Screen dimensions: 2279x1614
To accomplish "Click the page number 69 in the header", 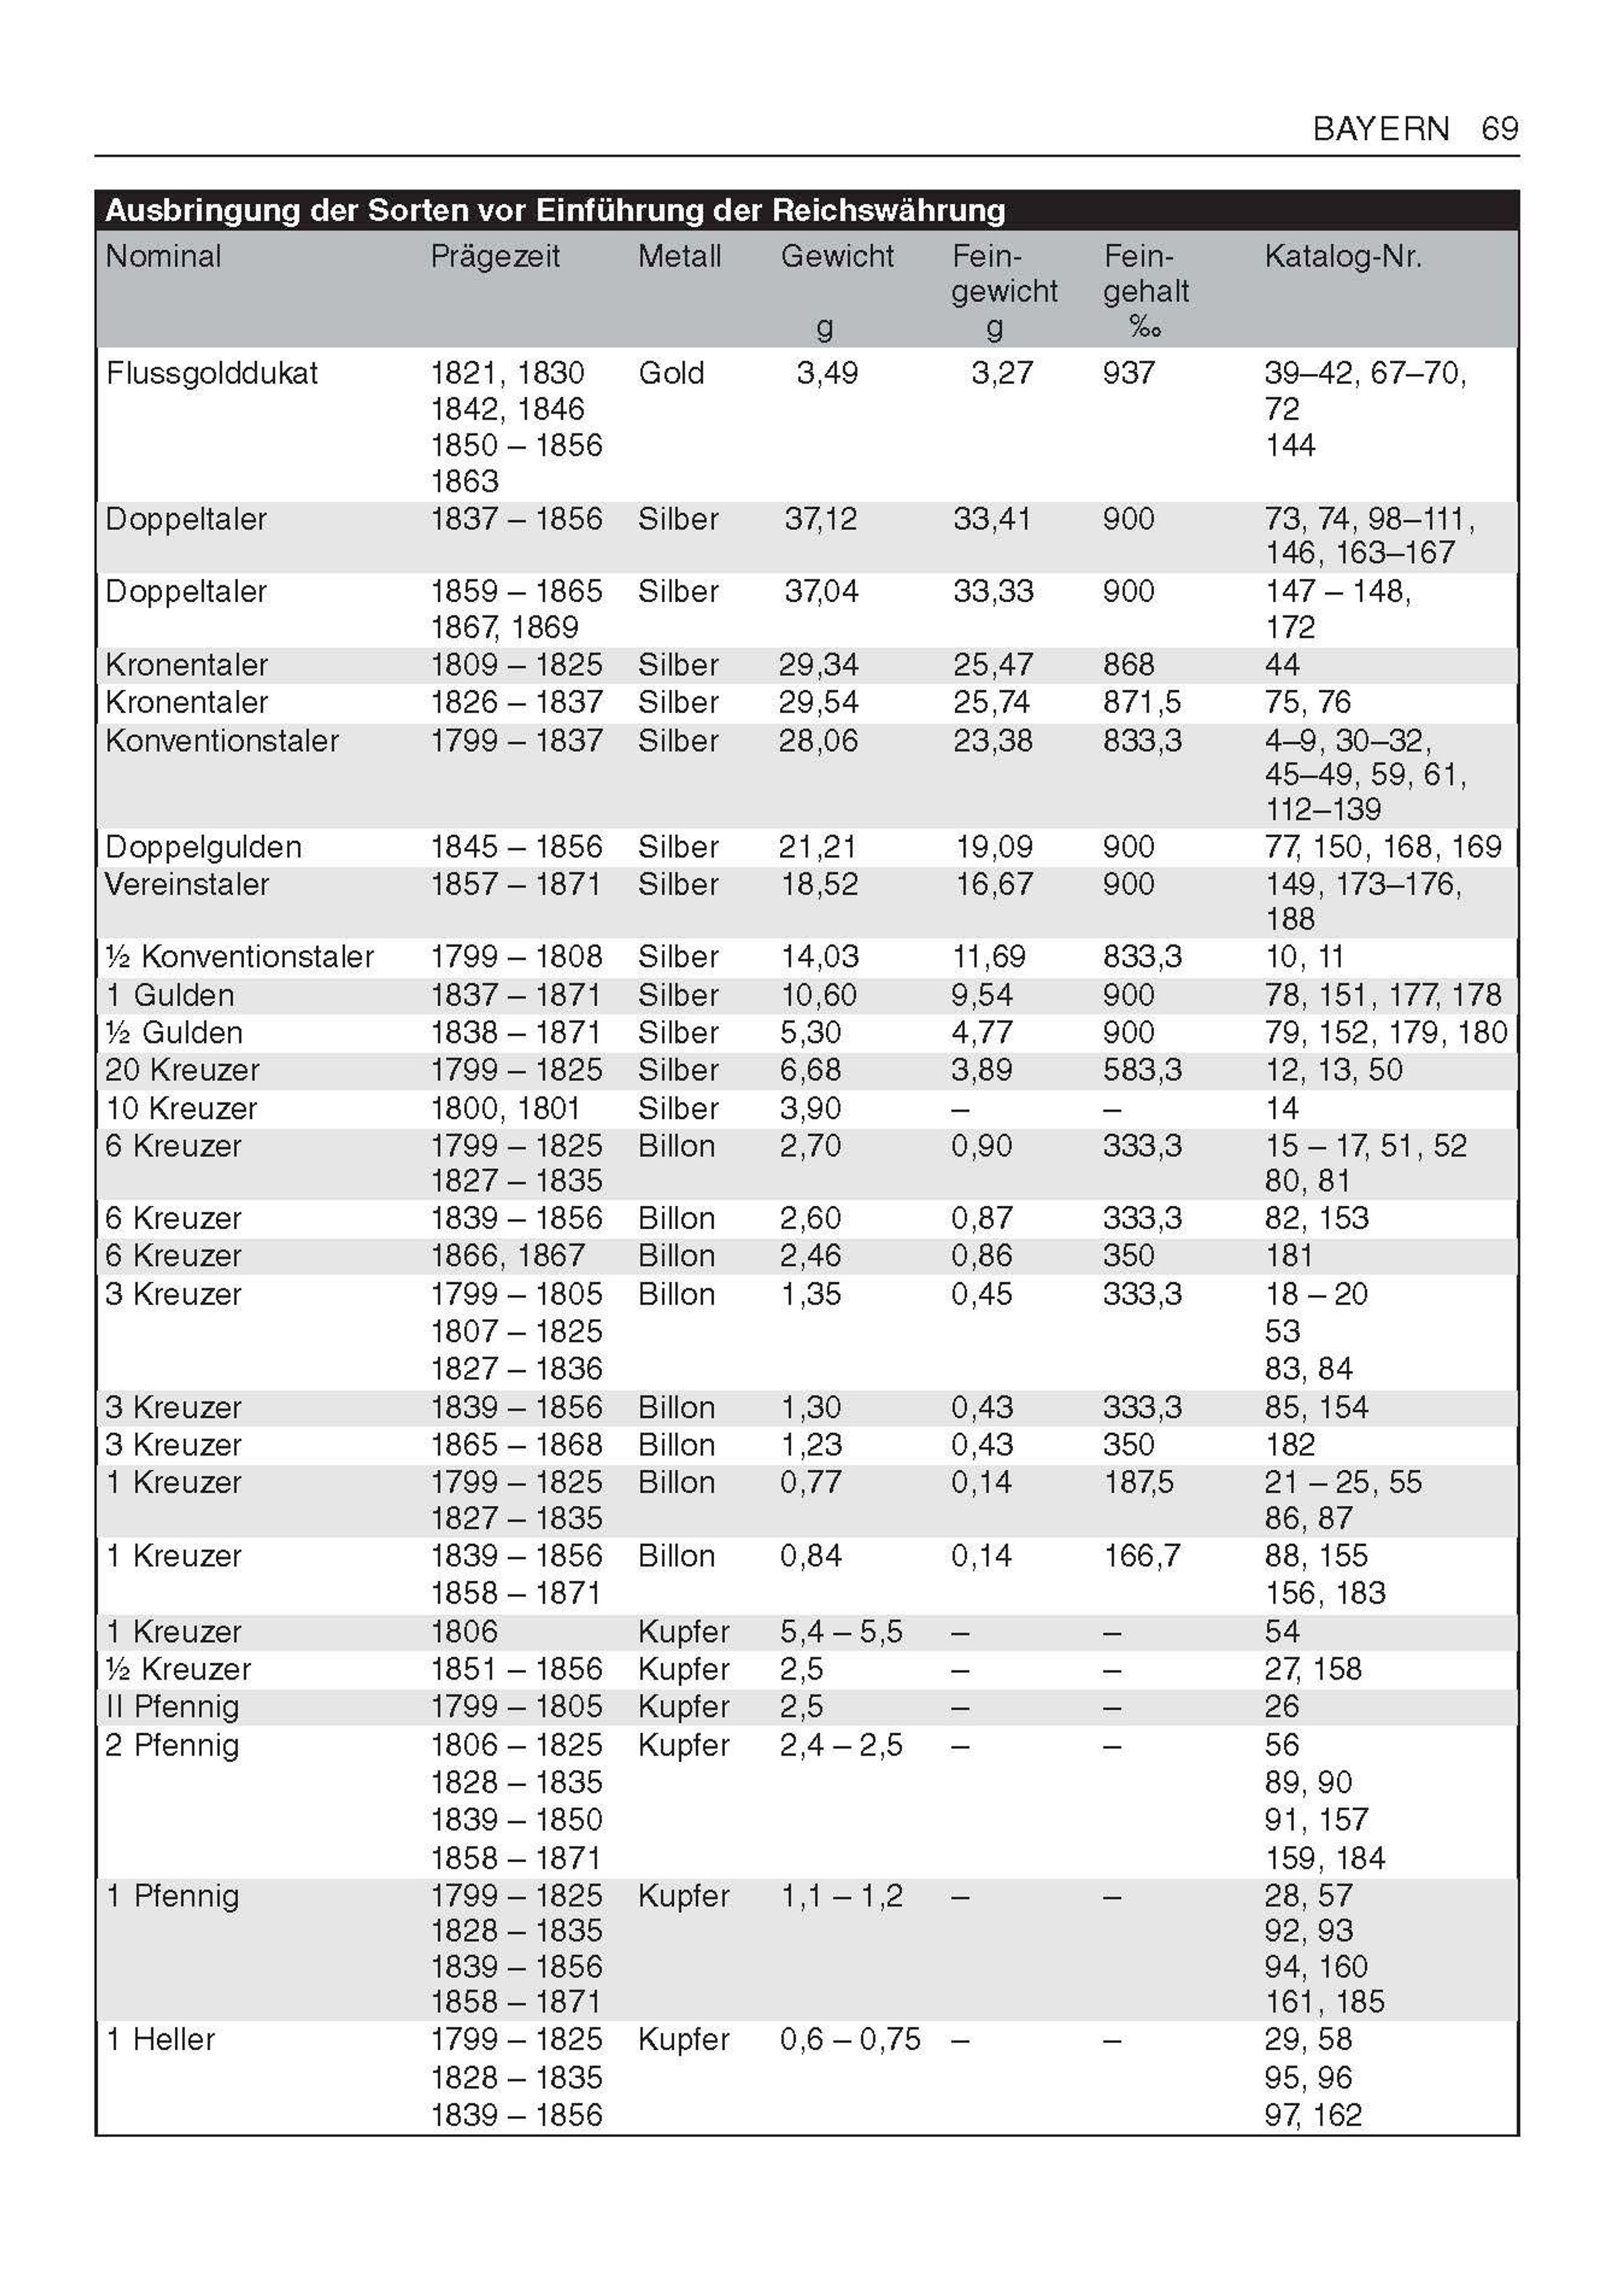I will (1499, 128).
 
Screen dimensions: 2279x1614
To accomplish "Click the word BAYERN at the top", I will (1381, 128).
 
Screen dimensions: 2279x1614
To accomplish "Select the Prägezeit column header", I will (495, 256).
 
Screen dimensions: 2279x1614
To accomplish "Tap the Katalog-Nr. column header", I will (1343, 256).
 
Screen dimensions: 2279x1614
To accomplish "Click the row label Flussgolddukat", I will (212, 374).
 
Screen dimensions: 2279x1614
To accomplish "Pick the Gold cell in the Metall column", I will (671, 374).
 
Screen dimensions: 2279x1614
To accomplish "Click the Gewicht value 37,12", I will (820, 519).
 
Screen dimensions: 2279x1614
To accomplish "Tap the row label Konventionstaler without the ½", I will (222, 741).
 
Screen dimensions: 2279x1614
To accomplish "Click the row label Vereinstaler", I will (187, 885).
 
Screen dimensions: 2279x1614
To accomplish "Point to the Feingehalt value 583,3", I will (1142, 1070).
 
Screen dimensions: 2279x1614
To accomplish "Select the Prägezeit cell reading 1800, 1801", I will (505, 1108).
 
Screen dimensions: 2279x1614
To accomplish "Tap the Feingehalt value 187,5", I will (1138, 1483).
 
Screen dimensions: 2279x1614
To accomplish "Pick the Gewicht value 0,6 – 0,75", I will (850, 2040).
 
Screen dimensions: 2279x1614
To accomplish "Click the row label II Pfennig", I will (172, 1707).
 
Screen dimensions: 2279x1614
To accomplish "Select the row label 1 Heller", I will (160, 2040).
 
